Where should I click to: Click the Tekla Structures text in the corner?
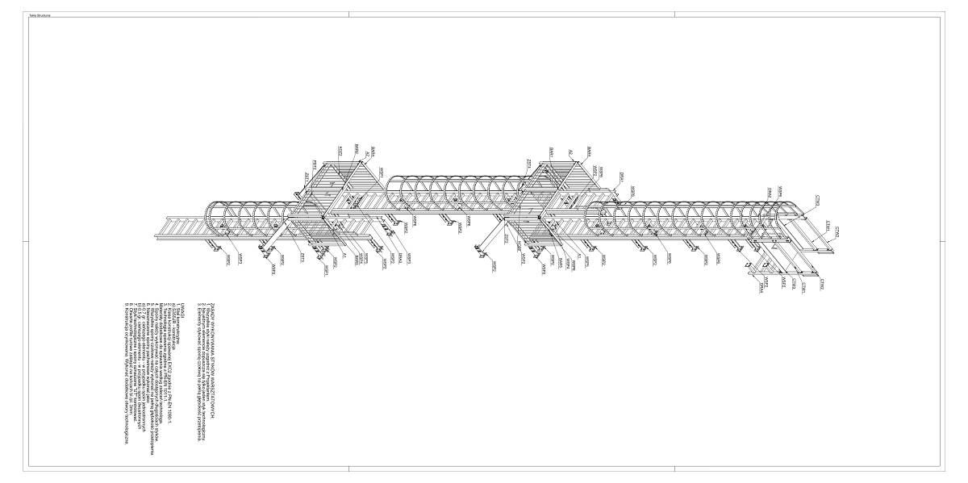tap(38, 16)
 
